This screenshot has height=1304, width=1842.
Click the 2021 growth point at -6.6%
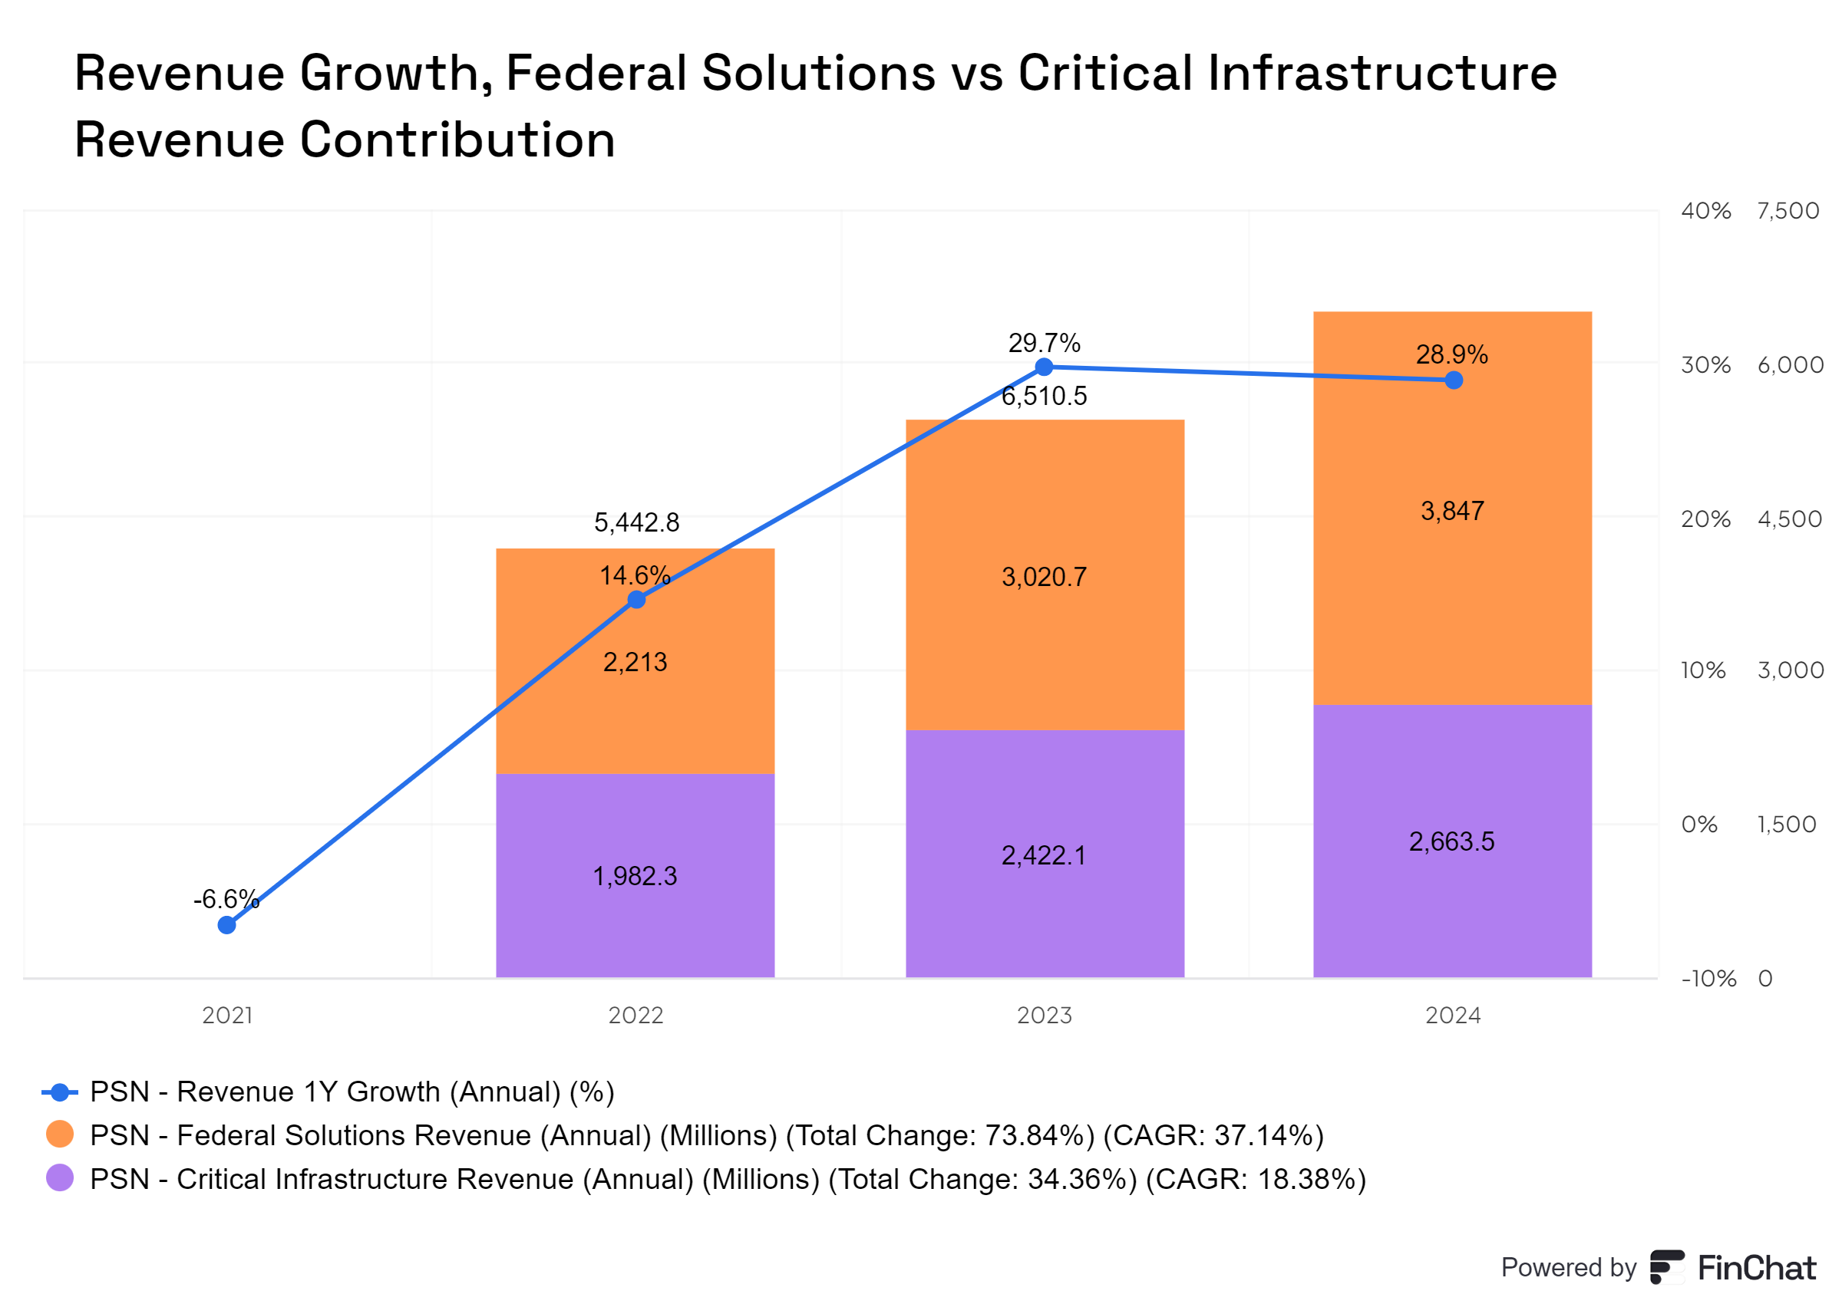pyautogui.click(x=226, y=925)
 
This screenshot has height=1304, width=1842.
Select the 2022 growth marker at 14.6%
pyautogui.click(x=636, y=600)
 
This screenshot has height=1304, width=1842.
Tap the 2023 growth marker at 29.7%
pyautogui.click(x=1044, y=367)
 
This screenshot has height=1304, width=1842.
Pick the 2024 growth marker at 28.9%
pyautogui.click(x=1453, y=380)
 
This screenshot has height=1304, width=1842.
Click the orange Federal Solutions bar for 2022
pyautogui.click(x=563, y=706)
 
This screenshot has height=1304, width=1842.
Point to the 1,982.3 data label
pyautogui.click(x=635, y=876)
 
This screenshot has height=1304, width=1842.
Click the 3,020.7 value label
pyautogui.click(x=1044, y=577)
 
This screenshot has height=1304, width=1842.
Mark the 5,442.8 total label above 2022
pyautogui.click(x=636, y=522)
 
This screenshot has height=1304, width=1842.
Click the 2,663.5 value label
pyautogui.click(x=1451, y=841)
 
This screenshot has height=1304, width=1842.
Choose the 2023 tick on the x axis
pyautogui.click(x=1045, y=1016)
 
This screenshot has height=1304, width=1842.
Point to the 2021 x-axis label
pyautogui.click(x=227, y=1016)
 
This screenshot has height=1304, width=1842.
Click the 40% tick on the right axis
pyautogui.click(x=1705, y=211)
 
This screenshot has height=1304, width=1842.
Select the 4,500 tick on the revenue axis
pyautogui.click(x=1790, y=519)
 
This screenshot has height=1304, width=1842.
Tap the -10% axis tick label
pyautogui.click(x=1708, y=979)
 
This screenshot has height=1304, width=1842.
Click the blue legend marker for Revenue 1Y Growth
pyautogui.click(x=59, y=1092)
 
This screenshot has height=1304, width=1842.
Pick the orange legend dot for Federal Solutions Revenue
pyautogui.click(x=59, y=1134)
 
